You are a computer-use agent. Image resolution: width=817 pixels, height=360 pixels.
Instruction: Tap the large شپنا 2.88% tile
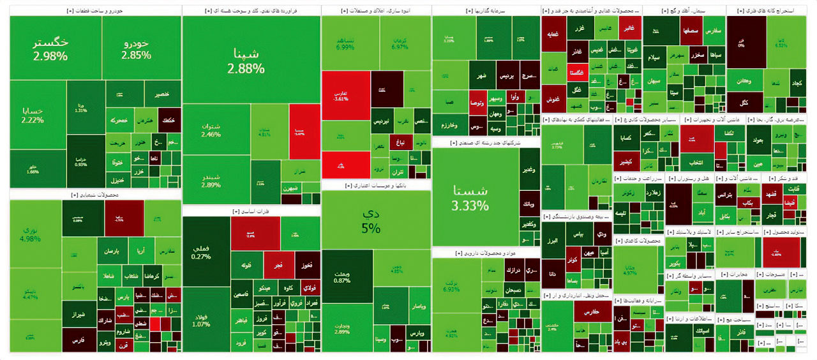click(251, 60)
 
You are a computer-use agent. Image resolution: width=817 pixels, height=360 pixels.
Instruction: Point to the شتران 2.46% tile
click(211, 129)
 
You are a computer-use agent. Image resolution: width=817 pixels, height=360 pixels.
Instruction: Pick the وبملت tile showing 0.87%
click(341, 276)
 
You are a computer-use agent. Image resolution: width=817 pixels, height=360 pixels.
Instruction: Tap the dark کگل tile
click(744, 102)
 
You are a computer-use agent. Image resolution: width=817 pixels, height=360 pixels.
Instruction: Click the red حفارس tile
click(592, 311)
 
